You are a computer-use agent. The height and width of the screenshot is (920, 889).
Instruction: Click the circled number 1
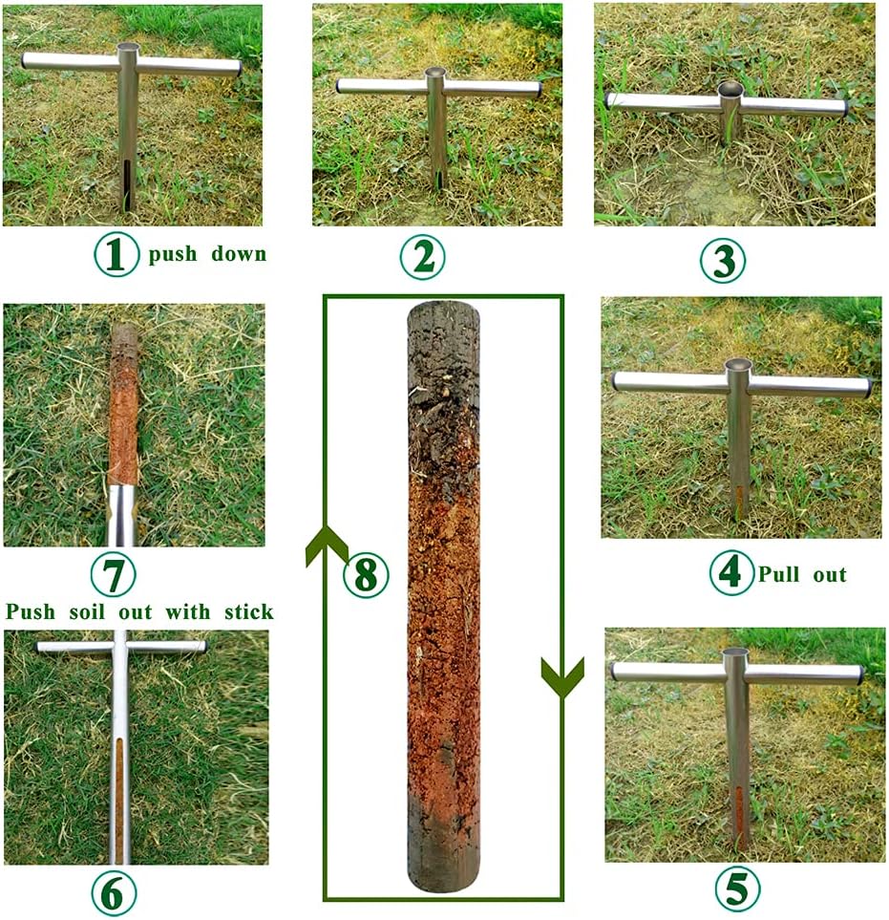116,256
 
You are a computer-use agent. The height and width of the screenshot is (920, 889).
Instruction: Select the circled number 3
723,260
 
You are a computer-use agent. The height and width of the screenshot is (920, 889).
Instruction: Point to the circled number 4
731,573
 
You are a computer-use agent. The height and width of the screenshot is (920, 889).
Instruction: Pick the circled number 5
738,888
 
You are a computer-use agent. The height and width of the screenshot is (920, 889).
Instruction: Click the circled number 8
366,575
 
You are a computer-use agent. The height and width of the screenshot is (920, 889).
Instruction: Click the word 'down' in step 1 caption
235,255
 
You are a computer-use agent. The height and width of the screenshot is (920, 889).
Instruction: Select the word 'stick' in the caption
247,611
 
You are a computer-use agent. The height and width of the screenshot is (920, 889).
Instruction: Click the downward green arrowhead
562,676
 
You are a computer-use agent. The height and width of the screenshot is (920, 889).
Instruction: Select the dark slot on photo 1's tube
127,182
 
